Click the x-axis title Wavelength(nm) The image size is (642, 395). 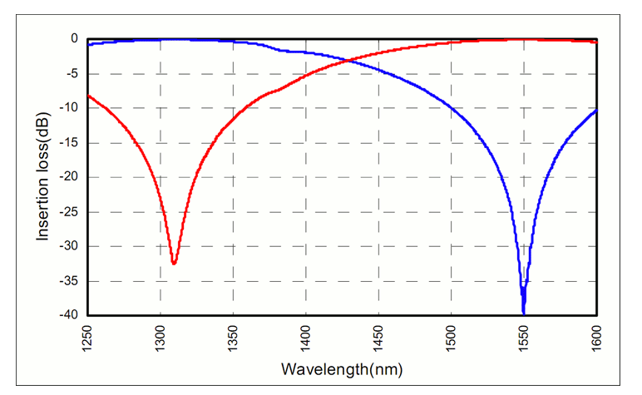pos(342,367)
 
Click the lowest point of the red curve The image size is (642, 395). pos(174,264)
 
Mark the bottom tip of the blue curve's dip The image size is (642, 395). pos(523,313)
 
